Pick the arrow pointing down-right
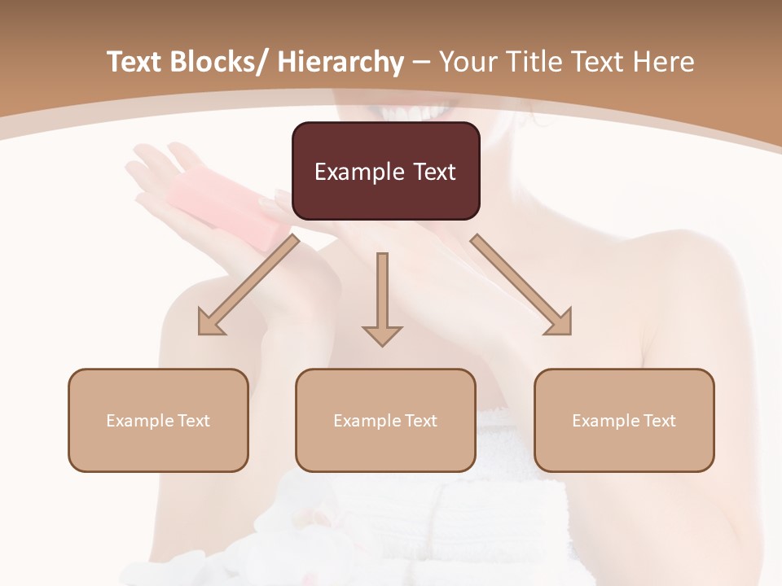tap(522, 285)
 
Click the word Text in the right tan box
tap(659, 421)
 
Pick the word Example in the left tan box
tap(139, 421)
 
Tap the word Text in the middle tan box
tap(420, 421)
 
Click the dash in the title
tap(421, 63)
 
